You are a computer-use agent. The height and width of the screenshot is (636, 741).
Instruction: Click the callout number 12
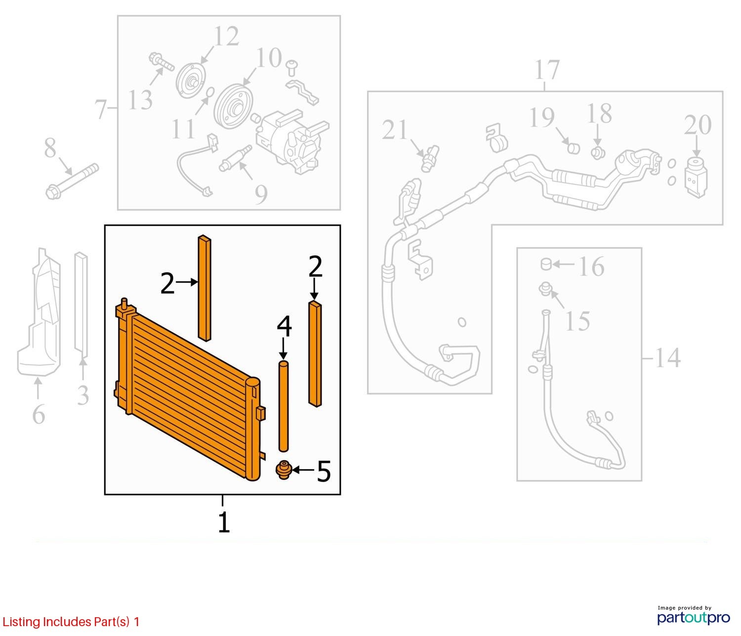(226, 37)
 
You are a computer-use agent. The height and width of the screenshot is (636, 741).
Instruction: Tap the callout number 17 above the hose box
(546, 70)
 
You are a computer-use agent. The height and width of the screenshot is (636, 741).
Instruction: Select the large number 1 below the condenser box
(224, 522)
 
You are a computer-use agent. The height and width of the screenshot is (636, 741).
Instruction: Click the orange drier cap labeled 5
(284, 470)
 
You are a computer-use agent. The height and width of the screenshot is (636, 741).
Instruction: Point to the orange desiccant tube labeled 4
(283, 406)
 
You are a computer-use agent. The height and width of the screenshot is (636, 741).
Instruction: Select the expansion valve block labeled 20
(697, 177)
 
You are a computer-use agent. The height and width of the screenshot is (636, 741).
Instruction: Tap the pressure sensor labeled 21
(429, 158)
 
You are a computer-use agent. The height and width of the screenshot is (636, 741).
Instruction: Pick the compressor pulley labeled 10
(233, 107)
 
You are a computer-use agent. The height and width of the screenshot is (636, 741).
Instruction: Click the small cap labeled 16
(546, 264)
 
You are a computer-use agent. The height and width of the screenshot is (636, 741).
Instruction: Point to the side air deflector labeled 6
(39, 312)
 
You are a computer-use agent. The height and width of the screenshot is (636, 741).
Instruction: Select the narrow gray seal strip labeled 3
(81, 305)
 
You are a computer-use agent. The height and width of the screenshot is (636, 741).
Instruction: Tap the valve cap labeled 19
(574, 148)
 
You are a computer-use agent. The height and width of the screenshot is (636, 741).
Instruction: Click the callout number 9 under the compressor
(261, 194)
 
